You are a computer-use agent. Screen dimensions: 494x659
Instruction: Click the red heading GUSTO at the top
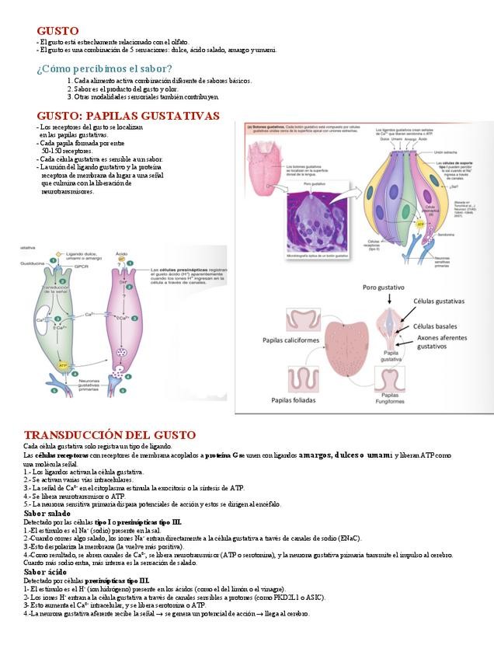tap(57, 30)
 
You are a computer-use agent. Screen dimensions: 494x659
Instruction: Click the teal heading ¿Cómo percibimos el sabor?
tap(104, 68)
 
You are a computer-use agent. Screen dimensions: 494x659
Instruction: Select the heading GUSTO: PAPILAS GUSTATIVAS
tap(128, 115)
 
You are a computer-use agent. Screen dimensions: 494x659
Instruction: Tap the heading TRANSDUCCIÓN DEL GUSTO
tap(110, 434)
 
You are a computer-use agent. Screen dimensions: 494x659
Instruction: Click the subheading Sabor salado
tap(47, 513)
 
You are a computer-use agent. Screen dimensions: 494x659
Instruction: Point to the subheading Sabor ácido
tap(45, 572)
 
